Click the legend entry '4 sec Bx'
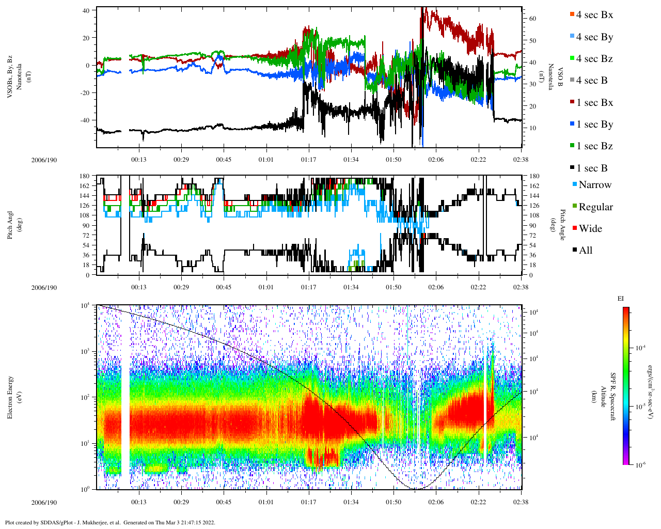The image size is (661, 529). pos(594,15)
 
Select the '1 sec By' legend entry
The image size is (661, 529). pos(594,125)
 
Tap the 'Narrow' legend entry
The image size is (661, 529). pos(594,185)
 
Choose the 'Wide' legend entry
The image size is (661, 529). pos(590,229)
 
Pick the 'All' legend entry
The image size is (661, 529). pos(585,251)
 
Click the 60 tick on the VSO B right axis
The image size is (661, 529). pos(532,19)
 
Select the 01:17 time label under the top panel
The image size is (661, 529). pos(308,160)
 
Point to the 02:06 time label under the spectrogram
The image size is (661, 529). pos(436,502)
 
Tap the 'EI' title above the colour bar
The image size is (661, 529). pos(621,299)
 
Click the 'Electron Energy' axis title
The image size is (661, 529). pos(10,397)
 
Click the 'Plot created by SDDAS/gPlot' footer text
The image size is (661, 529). pos(109,522)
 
